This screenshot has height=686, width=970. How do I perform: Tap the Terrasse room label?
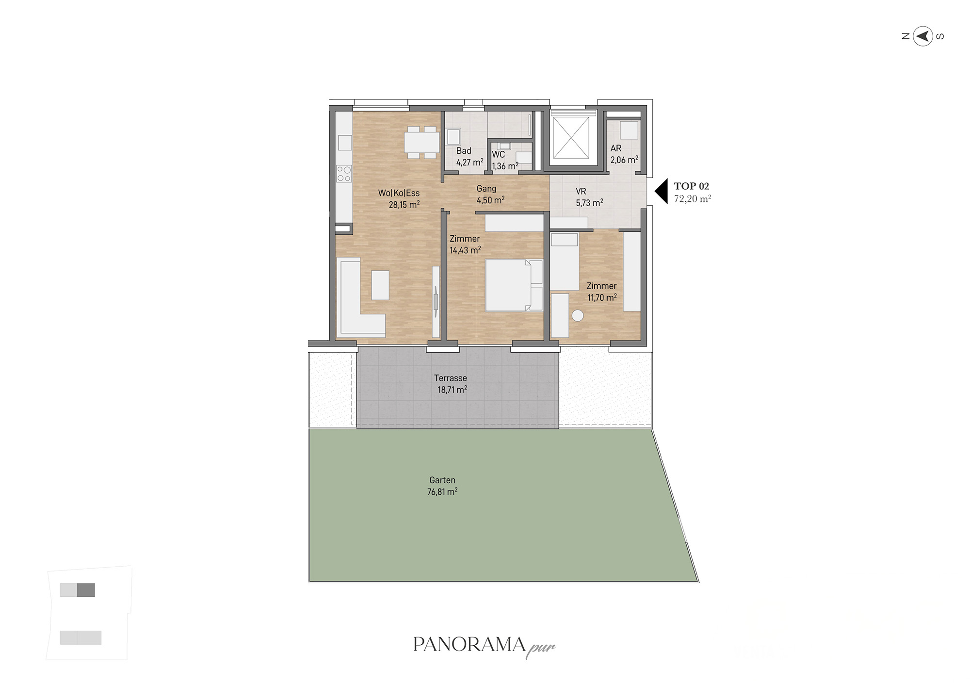(451, 378)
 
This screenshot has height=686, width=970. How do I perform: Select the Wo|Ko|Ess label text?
(399, 193)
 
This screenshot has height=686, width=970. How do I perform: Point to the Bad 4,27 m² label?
(469, 157)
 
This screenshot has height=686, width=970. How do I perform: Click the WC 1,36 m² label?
(505, 161)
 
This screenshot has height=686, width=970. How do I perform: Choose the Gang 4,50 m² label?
(490, 195)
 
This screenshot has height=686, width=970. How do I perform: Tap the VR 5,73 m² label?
(589, 197)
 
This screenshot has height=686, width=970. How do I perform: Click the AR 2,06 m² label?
(624, 154)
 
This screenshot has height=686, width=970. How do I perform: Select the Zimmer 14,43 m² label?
(465, 245)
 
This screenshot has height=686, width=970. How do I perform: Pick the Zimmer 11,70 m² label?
(602, 292)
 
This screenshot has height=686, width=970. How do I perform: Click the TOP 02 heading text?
(691, 186)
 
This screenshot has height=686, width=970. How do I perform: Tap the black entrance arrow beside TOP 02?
(662, 191)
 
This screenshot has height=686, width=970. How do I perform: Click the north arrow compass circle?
(922, 36)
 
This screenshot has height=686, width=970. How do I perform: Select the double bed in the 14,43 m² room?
(514, 285)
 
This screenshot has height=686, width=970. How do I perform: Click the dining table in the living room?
(421, 143)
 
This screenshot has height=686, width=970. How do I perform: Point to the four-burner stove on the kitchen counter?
(344, 174)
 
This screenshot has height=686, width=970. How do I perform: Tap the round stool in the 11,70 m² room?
(578, 316)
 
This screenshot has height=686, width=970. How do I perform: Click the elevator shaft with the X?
(571, 138)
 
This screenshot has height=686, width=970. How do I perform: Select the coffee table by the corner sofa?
(380, 285)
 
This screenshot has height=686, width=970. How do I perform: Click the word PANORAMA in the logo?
(469, 644)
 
